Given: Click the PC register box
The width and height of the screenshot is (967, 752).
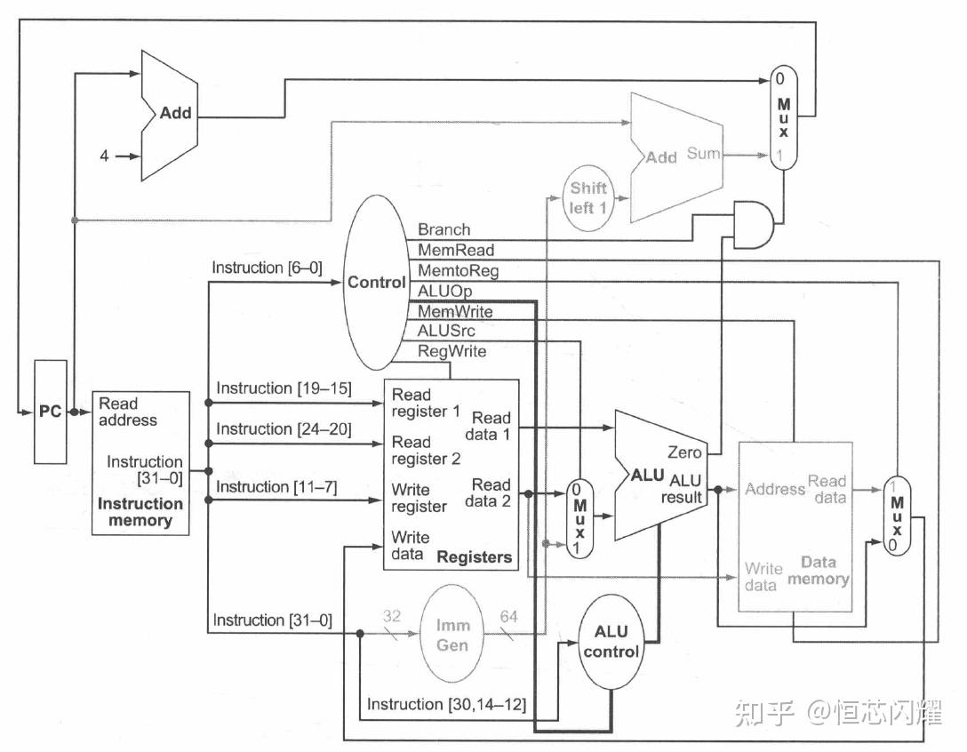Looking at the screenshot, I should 50,412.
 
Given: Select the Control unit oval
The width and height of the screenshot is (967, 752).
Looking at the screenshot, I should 376,283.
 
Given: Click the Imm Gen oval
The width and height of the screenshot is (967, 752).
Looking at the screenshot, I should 452,635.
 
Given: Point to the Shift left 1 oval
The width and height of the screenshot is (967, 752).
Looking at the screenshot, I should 588,196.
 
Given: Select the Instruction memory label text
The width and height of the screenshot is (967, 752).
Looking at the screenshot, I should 140,512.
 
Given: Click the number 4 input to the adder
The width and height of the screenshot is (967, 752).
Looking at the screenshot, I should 104,156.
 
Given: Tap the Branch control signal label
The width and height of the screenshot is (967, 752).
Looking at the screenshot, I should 444,229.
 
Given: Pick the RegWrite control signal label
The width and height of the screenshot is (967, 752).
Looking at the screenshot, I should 452,351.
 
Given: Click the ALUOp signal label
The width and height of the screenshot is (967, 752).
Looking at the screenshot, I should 444,291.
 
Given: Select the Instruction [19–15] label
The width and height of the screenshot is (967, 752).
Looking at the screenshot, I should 284,388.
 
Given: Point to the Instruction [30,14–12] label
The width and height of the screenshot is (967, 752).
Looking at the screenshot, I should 446,704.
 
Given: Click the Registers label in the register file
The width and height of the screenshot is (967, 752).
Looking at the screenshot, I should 474,557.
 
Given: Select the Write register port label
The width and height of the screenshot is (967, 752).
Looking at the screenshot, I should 419,498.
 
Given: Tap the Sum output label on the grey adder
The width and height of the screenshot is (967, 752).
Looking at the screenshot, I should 703,154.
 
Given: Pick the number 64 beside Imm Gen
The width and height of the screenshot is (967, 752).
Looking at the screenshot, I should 510,615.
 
